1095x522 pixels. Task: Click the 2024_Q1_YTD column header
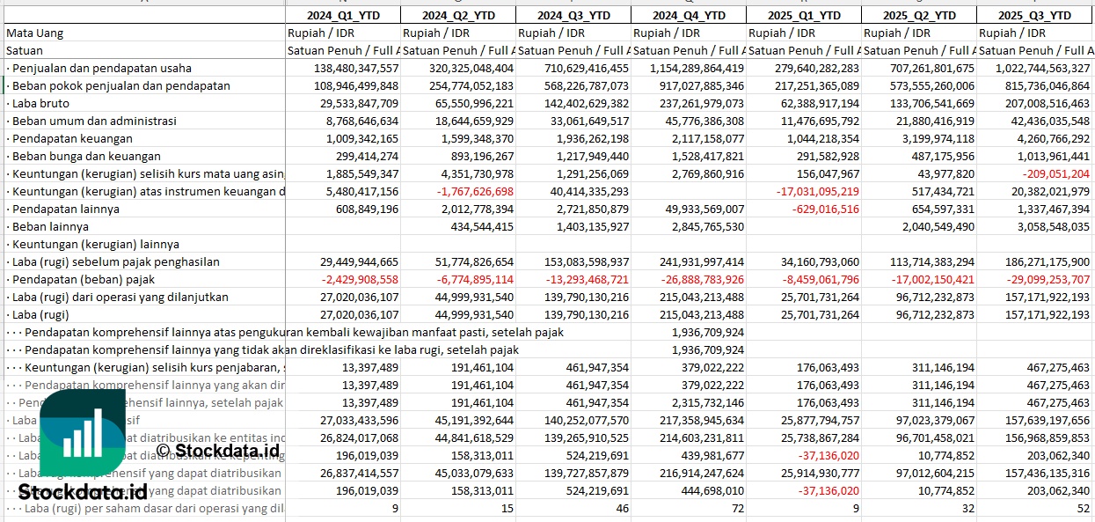(343, 15)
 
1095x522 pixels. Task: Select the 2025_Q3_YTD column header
(1035, 15)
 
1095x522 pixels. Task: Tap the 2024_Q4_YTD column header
(690, 15)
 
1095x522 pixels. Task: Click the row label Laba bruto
(42, 103)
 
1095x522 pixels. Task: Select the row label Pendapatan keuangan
(72, 138)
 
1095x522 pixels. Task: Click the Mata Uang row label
(34, 33)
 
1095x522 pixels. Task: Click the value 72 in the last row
(737, 508)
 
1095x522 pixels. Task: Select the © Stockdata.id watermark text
(218, 451)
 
